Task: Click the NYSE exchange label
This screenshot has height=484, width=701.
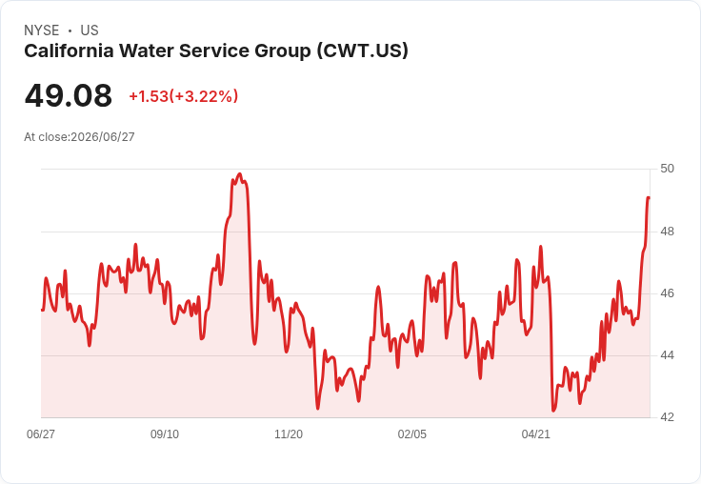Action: pos(42,30)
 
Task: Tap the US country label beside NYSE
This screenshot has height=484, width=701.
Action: pos(90,30)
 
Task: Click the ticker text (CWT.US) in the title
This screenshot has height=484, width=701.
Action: pos(363,50)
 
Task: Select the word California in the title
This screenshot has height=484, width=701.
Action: pos(69,50)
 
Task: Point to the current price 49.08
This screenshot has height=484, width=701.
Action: pos(69,95)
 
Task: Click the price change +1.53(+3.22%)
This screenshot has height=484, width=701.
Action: pos(183,96)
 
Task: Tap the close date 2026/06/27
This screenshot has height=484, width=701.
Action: pos(103,137)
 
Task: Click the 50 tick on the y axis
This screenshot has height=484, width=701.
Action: pos(667,169)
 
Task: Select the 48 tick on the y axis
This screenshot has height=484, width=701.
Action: pos(667,232)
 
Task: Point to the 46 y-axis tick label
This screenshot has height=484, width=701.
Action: pos(667,293)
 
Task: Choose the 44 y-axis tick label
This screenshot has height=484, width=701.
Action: pos(667,355)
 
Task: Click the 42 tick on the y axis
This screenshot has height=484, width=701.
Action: pos(667,417)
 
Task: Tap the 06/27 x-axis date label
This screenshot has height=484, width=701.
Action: pos(41,434)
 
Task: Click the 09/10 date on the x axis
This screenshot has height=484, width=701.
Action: pos(165,434)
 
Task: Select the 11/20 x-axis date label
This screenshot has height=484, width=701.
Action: pos(289,434)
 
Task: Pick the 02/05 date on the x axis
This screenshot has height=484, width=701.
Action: pos(412,434)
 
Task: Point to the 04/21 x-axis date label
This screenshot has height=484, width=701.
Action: pos(535,434)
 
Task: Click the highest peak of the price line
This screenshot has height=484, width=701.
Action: pos(240,174)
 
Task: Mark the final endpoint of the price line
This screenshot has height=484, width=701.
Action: pos(649,197)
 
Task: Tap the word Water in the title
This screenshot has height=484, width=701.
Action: pos(146,50)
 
